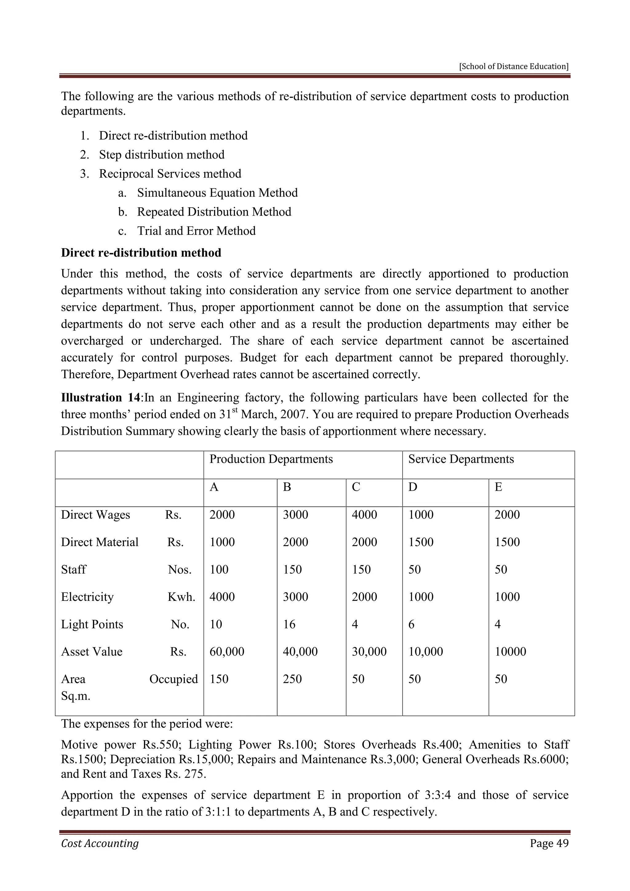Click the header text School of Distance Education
[x=514, y=66]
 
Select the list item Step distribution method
[x=161, y=154]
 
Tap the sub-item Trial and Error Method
[x=196, y=231]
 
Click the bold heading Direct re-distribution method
[x=141, y=253]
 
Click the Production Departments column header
[x=271, y=459]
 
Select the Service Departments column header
[x=461, y=459]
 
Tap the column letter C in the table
[x=356, y=487]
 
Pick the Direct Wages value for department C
[x=364, y=515]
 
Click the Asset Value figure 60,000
[x=227, y=652]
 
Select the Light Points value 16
[x=289, y=624]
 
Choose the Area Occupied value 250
[x=292, y=679]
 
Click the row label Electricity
[x=87, y=597]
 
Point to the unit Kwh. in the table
[x=181, y=597]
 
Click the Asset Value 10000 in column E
[x=511, y=652]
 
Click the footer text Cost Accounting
[x=100, y=843]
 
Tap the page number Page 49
[x=549, y=843]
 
